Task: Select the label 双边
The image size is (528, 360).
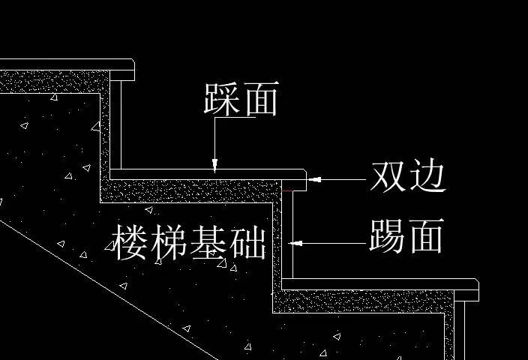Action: coord(408,178)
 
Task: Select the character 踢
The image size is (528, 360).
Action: coord(387,237)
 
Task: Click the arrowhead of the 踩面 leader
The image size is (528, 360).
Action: coord(214,166)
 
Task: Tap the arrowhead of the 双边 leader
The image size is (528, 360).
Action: coord(313,178)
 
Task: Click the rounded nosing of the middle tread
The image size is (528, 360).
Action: coord(304,176)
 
